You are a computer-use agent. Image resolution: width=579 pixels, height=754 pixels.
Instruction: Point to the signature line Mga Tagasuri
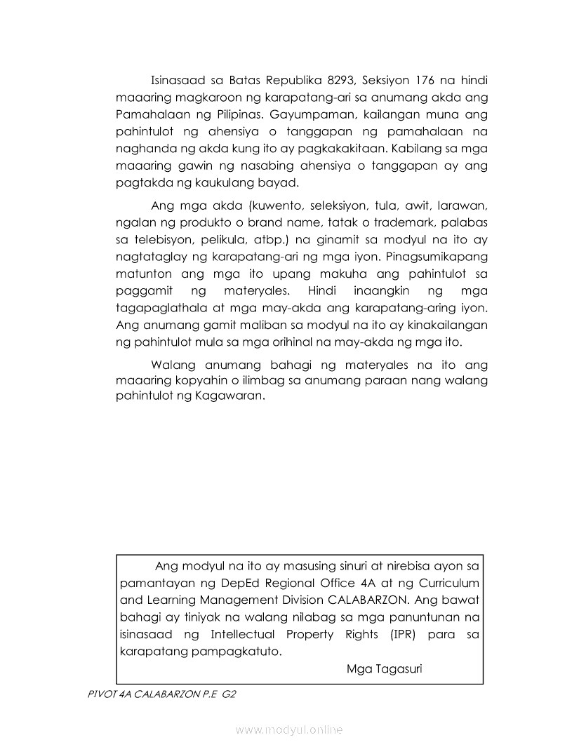click(x=384, y=668)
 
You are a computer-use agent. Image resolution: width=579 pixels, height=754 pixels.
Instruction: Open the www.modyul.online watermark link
click(x=289, y=730)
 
